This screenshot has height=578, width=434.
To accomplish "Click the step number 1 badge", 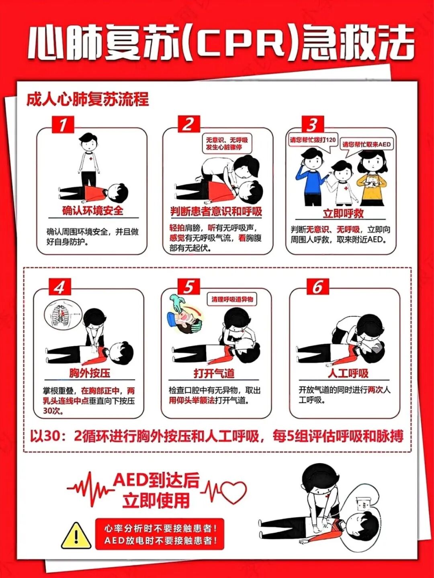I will [63, 125].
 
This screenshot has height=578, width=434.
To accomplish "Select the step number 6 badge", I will [317, 287].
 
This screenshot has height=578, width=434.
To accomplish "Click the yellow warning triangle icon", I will [76, 536].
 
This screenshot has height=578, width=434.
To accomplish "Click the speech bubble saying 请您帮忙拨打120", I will [313, 140].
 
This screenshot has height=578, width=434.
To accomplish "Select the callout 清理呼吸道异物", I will [232, 299].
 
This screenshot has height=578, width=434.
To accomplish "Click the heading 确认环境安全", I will [92, 210].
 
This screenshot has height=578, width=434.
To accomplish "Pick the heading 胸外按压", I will [90, 373].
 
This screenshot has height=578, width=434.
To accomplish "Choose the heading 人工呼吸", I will [348, 374].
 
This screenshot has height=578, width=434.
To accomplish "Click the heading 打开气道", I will [214, 374].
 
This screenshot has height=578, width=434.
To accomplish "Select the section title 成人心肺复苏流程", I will [88, 99].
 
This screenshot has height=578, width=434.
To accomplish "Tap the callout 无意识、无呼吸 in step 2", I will [227, 143].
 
